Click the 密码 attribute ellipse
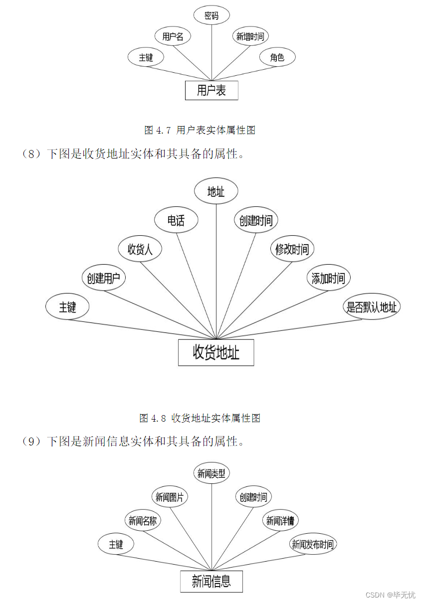point(211,15)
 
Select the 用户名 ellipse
point(173,36)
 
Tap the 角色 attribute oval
point(277,57)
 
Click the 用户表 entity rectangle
point(211,90)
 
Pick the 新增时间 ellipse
point(250,36)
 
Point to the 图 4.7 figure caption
point(200,130)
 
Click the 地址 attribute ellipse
point(216,192)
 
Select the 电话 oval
point(176,220)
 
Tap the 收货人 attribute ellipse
point(140,249)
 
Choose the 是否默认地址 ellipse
point(372,307)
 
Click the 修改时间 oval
point(292,249)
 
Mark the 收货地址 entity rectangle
point(216,352)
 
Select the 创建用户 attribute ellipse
point(103,278)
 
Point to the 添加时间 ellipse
point(328,278)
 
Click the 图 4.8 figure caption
point(200,418)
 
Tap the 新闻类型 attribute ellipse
point(211,473)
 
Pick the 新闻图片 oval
point(170,497)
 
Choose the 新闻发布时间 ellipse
point(313,544)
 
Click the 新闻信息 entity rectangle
point(211,581)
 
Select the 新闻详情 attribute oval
point(280,521)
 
